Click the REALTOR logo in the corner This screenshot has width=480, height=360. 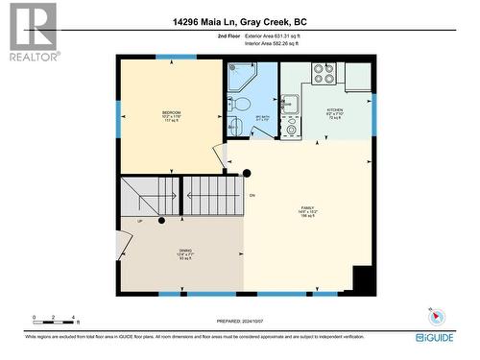(x=32, y=32)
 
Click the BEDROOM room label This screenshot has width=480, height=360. (x=171, y=115)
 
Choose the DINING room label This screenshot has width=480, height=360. (x=184, y=252)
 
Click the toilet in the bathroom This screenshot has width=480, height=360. (x=243, y=103)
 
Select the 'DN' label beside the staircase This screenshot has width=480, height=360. (x=252, y=196)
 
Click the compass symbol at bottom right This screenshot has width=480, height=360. (x=434, y=316)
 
